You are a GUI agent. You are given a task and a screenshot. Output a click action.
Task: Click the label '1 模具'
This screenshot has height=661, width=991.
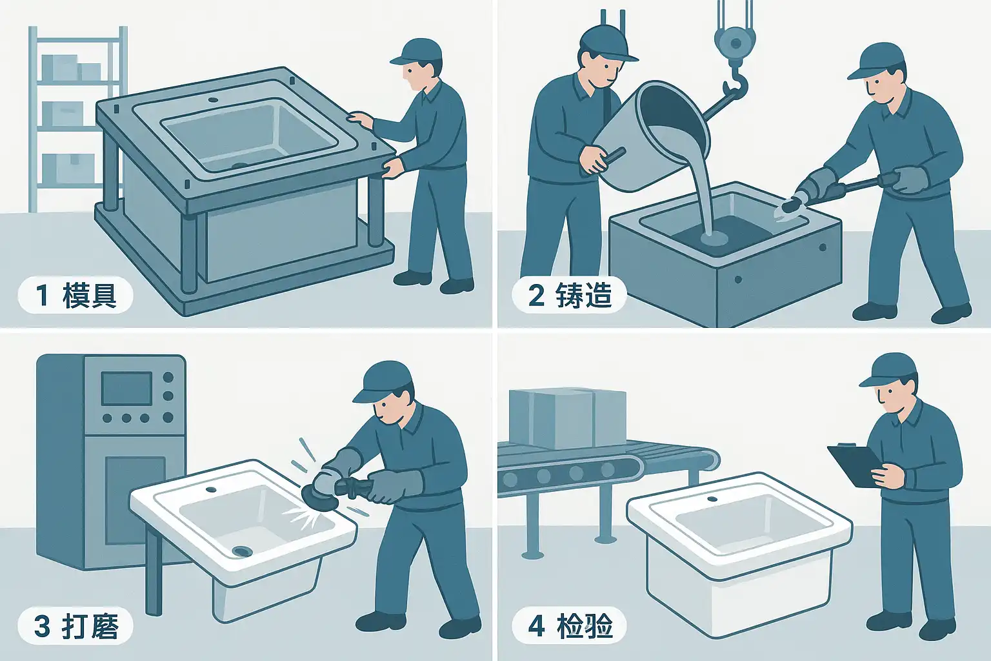(x=75, y=295)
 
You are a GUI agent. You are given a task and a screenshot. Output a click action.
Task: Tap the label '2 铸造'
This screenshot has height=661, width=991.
(x=570, y=295)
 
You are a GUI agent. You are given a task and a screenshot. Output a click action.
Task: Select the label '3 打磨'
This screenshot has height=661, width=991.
(x=75, y=625)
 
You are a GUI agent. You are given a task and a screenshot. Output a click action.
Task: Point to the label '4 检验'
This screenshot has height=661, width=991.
(x=570, y=625)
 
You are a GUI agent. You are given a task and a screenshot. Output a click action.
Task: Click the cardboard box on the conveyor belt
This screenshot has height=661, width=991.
(x=568, y=418)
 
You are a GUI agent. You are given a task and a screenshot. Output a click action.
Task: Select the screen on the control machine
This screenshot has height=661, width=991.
(x=127, y=389)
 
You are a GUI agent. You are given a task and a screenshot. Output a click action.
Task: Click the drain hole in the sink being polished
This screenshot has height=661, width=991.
(x=242, y=551)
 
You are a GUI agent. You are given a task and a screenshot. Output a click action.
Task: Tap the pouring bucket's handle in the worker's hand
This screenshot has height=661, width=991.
(x=612, y=156)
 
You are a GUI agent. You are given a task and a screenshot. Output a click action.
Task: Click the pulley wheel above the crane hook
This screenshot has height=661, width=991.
(x=736, y=43)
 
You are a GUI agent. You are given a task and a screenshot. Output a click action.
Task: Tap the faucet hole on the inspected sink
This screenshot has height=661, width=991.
(x=712, y=499)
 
